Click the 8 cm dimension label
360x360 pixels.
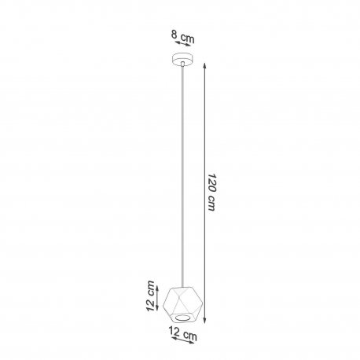click(x=183, y=37)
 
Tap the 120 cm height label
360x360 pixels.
click(x=211, y=192)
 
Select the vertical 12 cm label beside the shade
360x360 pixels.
click(x=150, y=296)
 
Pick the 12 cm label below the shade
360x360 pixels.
click(x=183, y=333)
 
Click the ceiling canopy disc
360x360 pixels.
click(x=182, y=59)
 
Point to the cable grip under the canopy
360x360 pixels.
click(x=182, y=64)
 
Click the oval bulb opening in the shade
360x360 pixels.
click(x=183, y=318)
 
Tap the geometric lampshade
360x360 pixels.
click(x=183, y=305)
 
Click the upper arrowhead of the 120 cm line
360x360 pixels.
click(x=205, y=65)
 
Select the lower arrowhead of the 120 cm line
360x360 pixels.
click(x=205, y=320)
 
